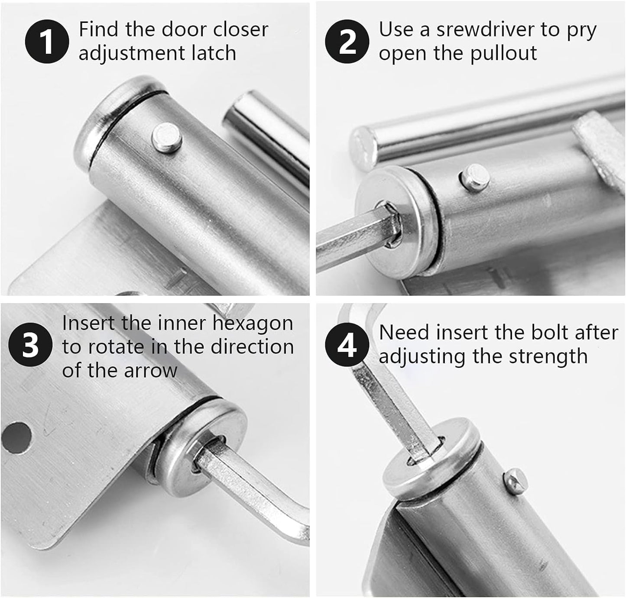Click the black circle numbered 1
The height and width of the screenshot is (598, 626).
coord(47,42)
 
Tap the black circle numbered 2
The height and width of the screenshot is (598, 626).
coord(347,42)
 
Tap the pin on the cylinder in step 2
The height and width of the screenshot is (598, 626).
coord(475,178)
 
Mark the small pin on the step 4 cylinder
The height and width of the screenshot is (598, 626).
coord(516,482)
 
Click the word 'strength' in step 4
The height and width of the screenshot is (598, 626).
coord(548,357)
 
